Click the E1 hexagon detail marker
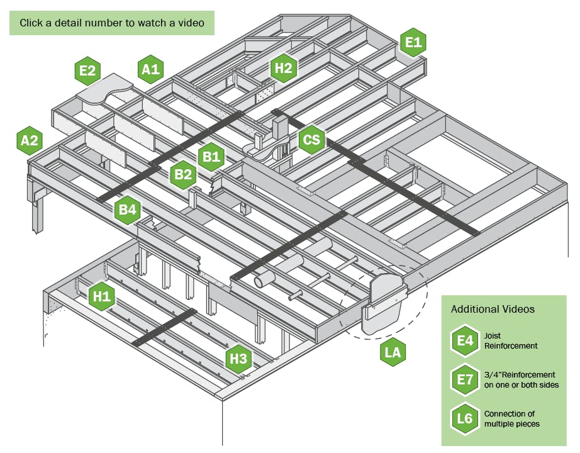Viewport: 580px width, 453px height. [x=413, y=43]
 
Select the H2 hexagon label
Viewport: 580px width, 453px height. [x=284, y=68]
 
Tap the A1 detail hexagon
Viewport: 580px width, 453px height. [x=151, y=70]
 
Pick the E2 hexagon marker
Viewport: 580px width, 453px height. [x=87, y=71]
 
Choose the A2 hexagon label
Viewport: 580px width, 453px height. [x=30, y=141]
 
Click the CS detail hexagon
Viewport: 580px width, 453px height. [x=311, y=140]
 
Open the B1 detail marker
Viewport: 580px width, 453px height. [x=211, y=156]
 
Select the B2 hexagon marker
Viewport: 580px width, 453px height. [x=183, y=175]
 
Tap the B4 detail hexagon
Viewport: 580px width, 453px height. [x=127, y=210]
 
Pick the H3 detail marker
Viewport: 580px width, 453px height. [x=238, y=359]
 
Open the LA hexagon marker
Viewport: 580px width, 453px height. [x=393, y=353]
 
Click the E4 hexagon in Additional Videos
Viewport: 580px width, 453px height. [x=465, y=341]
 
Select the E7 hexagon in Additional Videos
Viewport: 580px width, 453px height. [x=465, y=379]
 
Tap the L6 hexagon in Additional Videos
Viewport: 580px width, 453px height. [x=465, y=418]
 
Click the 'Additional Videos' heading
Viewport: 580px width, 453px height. [x=493, y=310]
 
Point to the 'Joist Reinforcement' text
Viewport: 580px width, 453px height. [x=511, y=341]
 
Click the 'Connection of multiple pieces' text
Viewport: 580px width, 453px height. [x=511, y=418]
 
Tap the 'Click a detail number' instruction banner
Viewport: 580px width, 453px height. [x=111, y=23]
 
